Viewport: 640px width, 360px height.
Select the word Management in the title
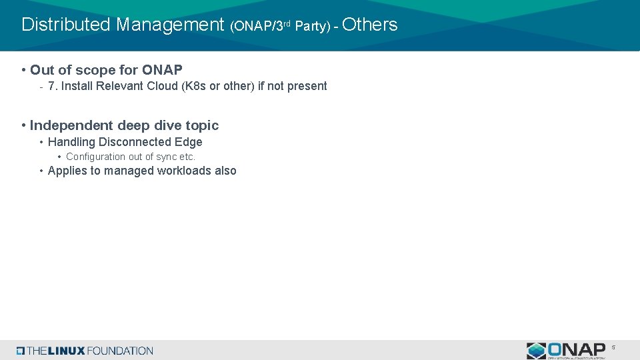(x=170, y=25)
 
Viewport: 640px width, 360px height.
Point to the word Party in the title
(x=312, y=27)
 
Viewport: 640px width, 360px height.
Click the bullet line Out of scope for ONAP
(x=105, y=70)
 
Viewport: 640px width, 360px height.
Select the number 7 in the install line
(x=52, y=86)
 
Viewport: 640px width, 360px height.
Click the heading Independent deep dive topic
(x=124, y=125)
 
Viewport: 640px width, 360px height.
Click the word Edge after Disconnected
(x=189, y=142)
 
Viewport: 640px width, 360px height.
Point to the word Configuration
(x=95, y=157)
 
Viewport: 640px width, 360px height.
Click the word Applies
(x=65, y=171)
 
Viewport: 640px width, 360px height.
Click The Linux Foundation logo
(x=85, y=351)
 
